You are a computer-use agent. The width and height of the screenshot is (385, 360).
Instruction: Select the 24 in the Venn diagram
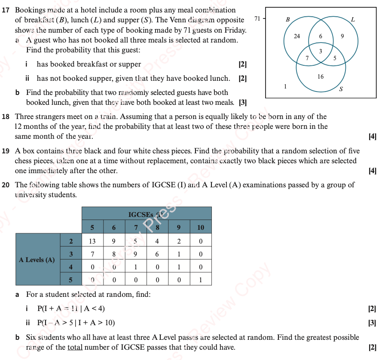pos(297,36)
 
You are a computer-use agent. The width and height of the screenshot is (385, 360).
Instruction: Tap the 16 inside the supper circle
pos(321,76)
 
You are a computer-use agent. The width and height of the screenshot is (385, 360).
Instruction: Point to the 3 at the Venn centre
pos(321,51)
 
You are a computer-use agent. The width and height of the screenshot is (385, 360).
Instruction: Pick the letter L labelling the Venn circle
pos(353,19)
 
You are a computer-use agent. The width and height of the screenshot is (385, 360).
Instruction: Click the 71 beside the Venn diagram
pos(257,18)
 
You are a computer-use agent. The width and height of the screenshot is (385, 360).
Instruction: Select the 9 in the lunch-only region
pos(342,36)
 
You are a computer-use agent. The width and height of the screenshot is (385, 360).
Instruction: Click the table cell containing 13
pos(92,241)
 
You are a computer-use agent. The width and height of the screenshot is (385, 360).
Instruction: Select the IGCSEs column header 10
pos(201,227)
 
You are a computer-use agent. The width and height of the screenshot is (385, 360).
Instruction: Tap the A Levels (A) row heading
pos(37,259)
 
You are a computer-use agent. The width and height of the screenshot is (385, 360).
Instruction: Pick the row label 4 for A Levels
pos(70,267)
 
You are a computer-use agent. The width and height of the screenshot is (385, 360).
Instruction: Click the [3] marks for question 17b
pos(243,102)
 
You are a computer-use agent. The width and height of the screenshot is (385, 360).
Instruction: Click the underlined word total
pos(75,347)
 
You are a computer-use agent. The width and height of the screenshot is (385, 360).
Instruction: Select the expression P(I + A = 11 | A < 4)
pos(71,308)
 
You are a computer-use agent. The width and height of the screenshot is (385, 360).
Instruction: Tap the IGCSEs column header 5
pos(92,227)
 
